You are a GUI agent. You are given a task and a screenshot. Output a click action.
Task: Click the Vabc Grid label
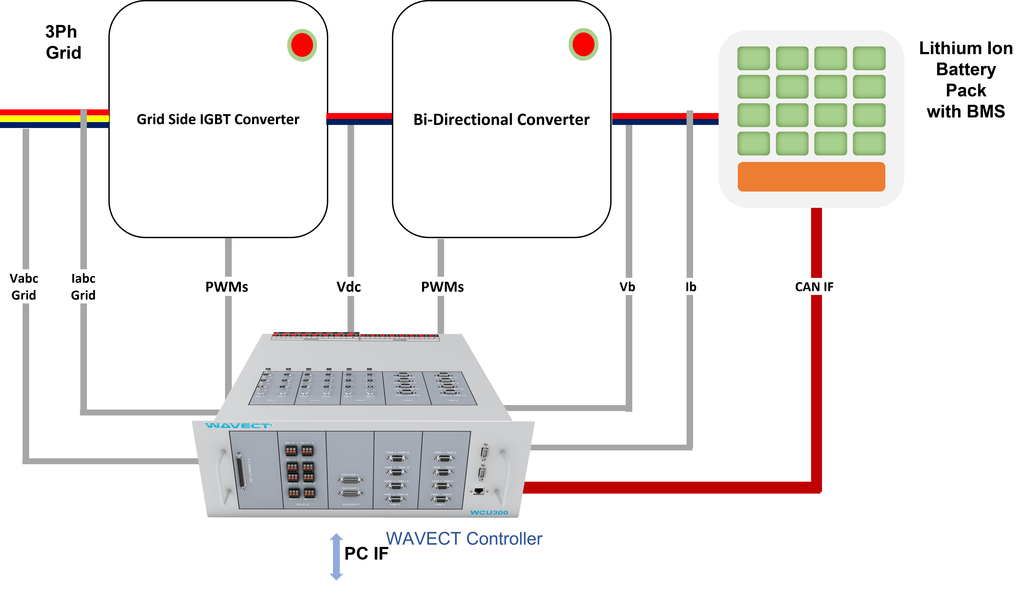[x=24, y=286]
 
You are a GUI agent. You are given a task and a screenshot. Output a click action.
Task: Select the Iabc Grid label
[x=83, y=286]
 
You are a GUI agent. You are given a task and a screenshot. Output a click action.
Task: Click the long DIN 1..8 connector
[x=242, y=471]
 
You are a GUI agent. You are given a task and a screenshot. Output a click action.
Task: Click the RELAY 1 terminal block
[x=291, y=450]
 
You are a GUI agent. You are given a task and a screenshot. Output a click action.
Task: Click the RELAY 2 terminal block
[x=307, y=450]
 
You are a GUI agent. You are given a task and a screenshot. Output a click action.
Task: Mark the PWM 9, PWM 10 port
[x=397, y=459]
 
